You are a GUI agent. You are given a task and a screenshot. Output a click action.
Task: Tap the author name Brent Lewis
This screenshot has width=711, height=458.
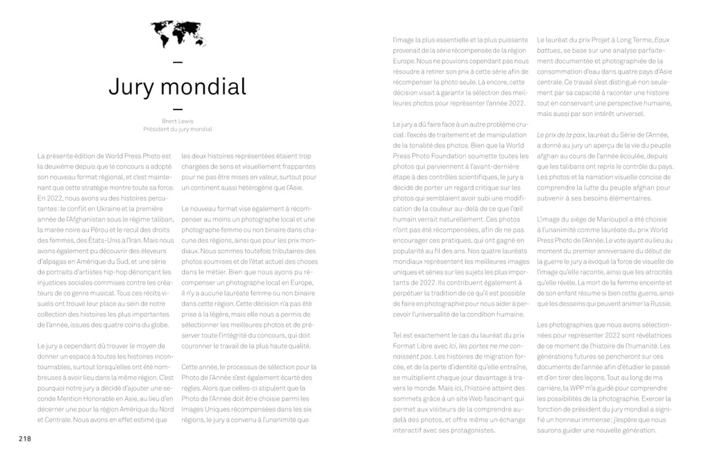coord(177,121)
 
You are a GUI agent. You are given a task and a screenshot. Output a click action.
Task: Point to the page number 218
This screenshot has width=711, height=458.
coord(25,438)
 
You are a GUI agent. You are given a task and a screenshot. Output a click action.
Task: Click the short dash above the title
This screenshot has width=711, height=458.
coord(177,63)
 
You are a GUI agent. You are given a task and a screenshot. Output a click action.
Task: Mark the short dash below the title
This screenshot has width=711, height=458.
coord(177,109)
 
